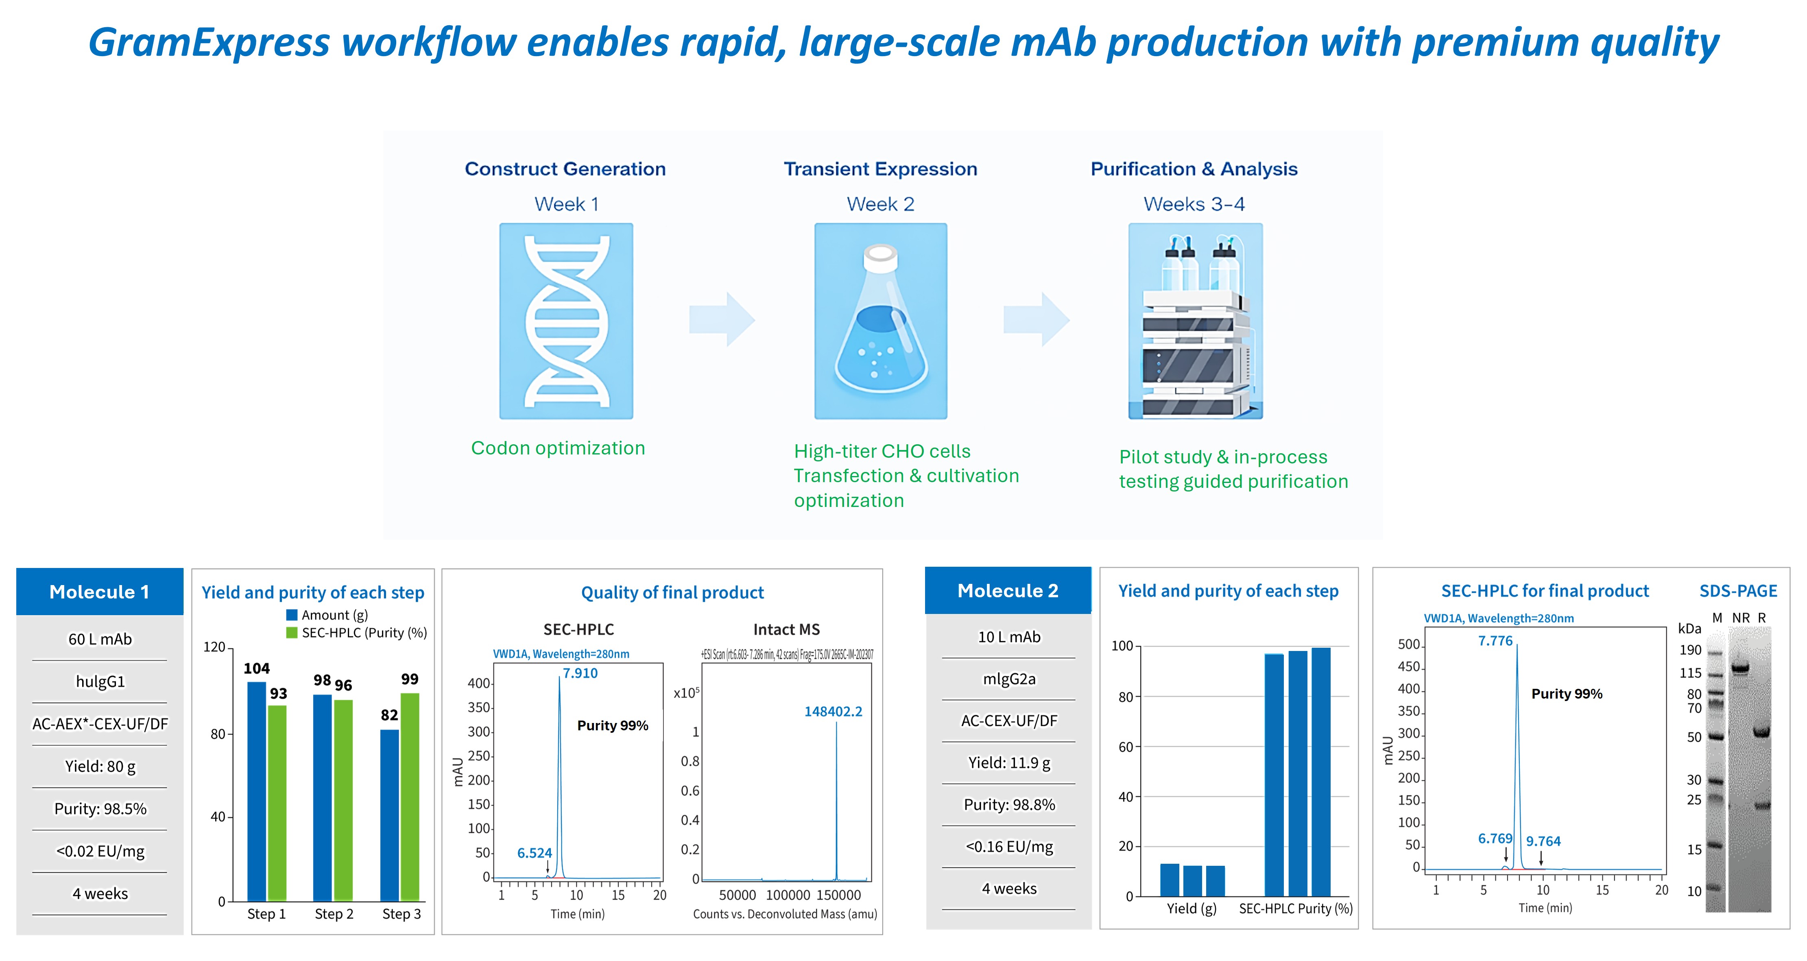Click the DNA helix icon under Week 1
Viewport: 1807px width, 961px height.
coord(566,321)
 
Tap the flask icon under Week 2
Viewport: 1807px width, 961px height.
coord(880,321)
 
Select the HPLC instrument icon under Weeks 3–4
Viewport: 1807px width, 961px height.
coord(1195,321)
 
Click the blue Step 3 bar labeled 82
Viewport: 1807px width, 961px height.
coord(389,815)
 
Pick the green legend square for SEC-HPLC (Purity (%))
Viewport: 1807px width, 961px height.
coord(292,633)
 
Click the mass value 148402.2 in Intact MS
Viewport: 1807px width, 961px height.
coord(833,711)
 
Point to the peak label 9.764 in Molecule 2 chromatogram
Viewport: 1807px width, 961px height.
coord(1543,841)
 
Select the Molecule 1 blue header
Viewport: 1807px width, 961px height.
coord(100,591)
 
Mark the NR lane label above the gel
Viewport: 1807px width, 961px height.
coord(1740,618)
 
